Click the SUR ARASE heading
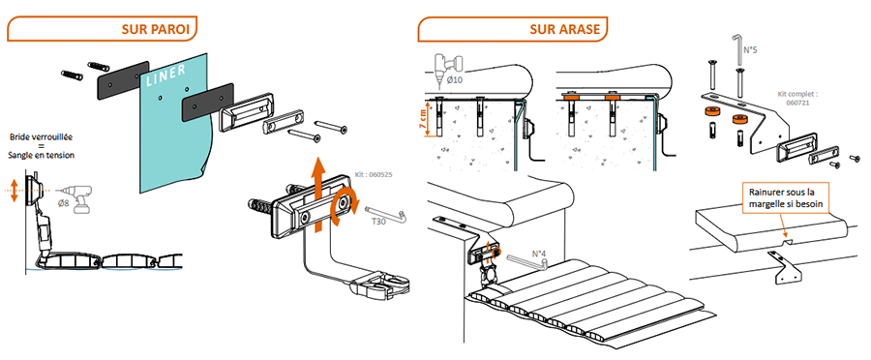(x=565, y=29)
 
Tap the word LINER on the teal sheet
(x=166, y=74)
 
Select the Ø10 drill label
(x=455, y=79)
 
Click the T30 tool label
(x=378, y=221)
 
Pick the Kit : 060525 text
(x=374, y=174)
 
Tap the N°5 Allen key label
(x=750, y=49)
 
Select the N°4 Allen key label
(x=539, y=255)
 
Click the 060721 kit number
(x=797, y=103)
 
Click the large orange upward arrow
(x=318, y=195)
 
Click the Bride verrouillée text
(x=41, y=137)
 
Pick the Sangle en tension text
(x=41, y=156)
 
